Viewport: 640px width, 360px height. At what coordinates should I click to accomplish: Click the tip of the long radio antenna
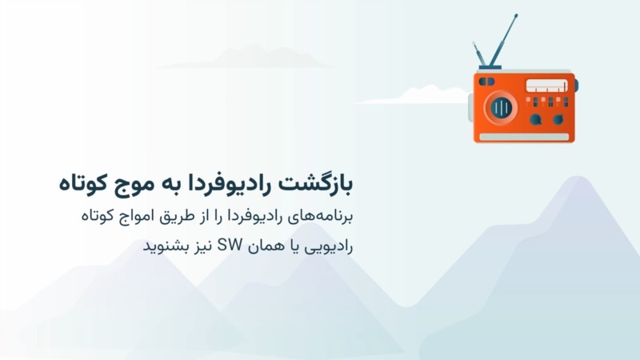(516, 15)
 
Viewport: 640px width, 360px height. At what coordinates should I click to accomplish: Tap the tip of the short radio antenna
(474, 43)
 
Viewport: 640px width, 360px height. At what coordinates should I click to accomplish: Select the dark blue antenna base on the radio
(490, 67)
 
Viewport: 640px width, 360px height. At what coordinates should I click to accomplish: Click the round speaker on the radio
(501, 108)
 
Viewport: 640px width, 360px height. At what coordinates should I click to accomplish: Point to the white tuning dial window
(546, 86)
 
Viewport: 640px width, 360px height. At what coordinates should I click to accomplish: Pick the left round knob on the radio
(535, 119)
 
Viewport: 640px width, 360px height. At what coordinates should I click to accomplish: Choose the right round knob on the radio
(558, 119)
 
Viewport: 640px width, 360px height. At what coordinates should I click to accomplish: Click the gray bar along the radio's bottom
(524, 137)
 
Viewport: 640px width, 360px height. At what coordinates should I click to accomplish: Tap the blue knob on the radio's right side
(576, 86)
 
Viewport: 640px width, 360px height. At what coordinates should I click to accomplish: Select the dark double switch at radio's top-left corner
(486, 82)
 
